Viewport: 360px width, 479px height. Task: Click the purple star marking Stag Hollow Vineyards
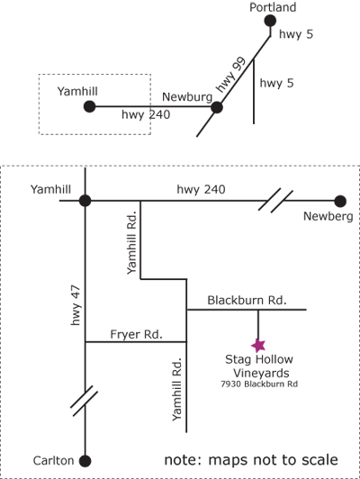tap(258, 346)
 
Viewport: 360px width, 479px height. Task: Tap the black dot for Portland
tap(270, 21)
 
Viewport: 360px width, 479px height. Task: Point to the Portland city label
tap(273, 7)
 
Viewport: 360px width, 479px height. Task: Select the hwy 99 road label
tap(230, 74)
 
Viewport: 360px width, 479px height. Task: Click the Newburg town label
tap(187, 97)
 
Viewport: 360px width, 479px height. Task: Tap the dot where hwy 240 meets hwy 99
tap(217, 107)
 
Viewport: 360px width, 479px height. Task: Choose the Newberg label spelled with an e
tap(328, 216)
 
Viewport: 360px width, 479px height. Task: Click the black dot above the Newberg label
tap(340, 202)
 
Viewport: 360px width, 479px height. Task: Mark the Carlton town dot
tap(85, 461)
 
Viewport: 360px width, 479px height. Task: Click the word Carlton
tap(53, 460)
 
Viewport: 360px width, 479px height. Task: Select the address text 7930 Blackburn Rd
tap(259, 384)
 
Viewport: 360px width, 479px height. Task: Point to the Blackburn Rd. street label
tap(247, 300)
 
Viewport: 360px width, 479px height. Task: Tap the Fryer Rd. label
tap(136, 334)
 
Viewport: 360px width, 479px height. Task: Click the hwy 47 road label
tap(76, 305)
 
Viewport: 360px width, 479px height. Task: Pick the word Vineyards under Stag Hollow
tap(261, 373)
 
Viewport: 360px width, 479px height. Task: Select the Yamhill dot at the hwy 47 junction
tap(85, 201)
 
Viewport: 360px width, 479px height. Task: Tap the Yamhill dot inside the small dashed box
tap(89, 106)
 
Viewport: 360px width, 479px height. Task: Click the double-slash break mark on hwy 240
tap(275, 201)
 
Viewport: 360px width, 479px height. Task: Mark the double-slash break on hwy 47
tap(85, 401)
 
